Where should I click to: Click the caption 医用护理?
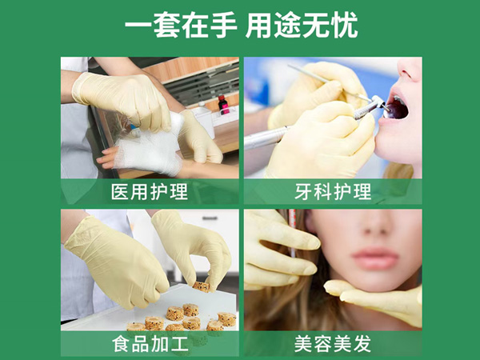[150, 192]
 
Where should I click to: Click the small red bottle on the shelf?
[223, 104]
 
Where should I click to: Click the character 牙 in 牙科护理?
[300, 192]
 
